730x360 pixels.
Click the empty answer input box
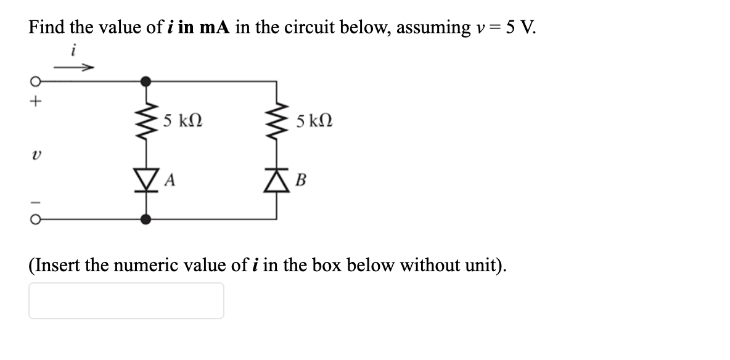(x=126, y=301)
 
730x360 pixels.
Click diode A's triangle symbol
(x=146, y=180)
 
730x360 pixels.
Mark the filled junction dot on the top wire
(x=146, y=81)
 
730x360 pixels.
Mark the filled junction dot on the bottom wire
(x=146, y=218)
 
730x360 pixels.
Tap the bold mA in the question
(x=211, y=27)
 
